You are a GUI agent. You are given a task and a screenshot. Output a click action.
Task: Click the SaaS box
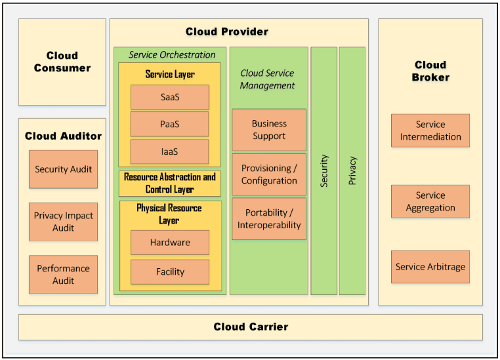pyautogui.click(x=169, y=97)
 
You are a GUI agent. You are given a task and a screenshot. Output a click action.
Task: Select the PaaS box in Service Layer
pyautogui.click(x=169, y=124)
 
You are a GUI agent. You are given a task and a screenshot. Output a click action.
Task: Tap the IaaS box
pyautogui.click(x=169, y=151)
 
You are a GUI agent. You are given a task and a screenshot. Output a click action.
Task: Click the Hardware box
pyautogui.click(x=169, y=243)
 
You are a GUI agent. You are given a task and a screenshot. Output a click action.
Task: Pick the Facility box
pyautogui.click(x=169, y=271)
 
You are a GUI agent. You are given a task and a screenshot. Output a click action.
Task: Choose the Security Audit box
pyautogui.click(x=63, y=169)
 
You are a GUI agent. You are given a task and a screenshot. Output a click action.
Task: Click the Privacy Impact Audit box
pyautogui.click(x=63, y=222)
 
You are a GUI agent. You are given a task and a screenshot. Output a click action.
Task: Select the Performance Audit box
pyautogui.click(x=63, y=274)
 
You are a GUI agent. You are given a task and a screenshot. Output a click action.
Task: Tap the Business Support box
pyautogui.click(x=268, y=130)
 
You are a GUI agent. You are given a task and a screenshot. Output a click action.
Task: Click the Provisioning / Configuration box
pyautogui.click(x=268, y=174)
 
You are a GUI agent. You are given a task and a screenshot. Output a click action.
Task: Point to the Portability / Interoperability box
pyautogui.click(x=268, y=219)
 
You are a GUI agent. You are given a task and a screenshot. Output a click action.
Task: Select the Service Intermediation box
pyautogui.click(x=430, y=130)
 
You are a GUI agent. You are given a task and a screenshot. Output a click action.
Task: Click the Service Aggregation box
pyautogui.click(x=430, y=201)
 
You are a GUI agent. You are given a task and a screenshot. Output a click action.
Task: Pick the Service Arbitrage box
pyautogui.click(x=430, y=267)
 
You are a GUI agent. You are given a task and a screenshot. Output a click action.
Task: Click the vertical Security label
pyautogui.click(x=323, y=171)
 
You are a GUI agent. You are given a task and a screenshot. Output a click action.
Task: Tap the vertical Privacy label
pyautogui.click(x=352, y=170)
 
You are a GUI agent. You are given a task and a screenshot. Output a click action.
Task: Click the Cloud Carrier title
pyautogui.click(x=251, y=327)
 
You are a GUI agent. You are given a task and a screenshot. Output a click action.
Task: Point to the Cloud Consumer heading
pyautogui.click(x=62, y=62)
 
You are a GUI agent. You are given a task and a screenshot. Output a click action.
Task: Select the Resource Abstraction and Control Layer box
pyautogui.click(x=169, y=183)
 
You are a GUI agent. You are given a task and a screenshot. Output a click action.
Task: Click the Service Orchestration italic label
pyautogui.click(x=172, y=54)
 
